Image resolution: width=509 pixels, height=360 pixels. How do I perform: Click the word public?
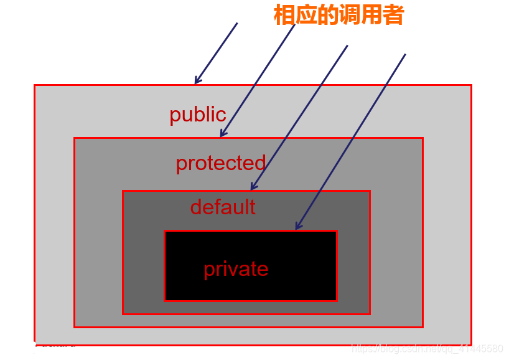point(198,115)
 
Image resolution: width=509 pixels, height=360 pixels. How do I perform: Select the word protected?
point(220,163)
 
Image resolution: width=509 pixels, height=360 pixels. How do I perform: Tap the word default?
point(223,207)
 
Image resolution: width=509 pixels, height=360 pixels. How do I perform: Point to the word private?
point(236,269)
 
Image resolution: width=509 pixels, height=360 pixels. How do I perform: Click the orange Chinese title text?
point(339,16)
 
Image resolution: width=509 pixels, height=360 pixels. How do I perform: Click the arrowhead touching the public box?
point(197,81)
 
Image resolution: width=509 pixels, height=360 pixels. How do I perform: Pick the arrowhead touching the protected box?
point(222,134)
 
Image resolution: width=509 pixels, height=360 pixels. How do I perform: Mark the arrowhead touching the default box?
point(252,187)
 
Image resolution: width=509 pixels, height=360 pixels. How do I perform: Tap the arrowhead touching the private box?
point(297,227)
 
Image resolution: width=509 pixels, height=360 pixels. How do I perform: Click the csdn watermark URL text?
point(427,349)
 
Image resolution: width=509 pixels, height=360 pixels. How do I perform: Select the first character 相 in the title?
point(284,16)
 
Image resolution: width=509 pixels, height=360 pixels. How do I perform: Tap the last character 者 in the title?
point(393,16)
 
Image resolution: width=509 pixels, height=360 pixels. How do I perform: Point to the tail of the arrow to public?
point(237,24)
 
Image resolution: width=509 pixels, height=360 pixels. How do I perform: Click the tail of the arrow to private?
point(405,54)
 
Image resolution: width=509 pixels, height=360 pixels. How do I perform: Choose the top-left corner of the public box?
point(35,85)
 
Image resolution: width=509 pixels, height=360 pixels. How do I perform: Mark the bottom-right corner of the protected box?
point(423,326)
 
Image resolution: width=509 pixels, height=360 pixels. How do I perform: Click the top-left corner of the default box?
point(123,191)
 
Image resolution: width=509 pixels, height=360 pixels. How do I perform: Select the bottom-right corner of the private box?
point(337,300)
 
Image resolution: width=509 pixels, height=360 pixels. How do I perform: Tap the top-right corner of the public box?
point(470,85)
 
